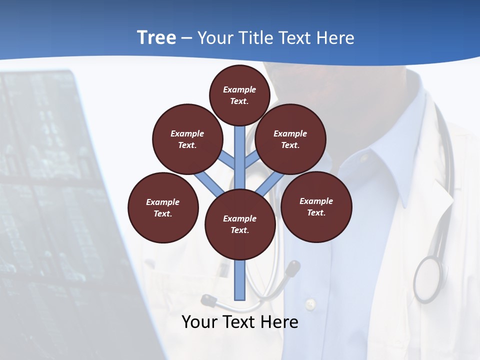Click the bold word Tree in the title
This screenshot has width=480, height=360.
(156, 38)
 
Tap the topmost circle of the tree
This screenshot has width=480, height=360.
(239, 95)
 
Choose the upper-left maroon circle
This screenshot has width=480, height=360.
(187, 139)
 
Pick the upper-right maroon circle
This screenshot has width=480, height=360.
(290, 139)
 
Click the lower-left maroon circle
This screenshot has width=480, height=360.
(163, 207)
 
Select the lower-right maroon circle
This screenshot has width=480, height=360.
(316, 206)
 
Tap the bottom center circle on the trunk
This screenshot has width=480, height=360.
(240, 224)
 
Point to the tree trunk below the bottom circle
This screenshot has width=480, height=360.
(240, 280)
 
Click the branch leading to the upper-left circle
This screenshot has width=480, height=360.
(227, 161)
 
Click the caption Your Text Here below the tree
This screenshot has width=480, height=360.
(240, 322)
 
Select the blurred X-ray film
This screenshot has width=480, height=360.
(50, 200)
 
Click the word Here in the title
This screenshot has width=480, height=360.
(337, 38)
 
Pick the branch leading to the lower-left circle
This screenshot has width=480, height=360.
(209, 184)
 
